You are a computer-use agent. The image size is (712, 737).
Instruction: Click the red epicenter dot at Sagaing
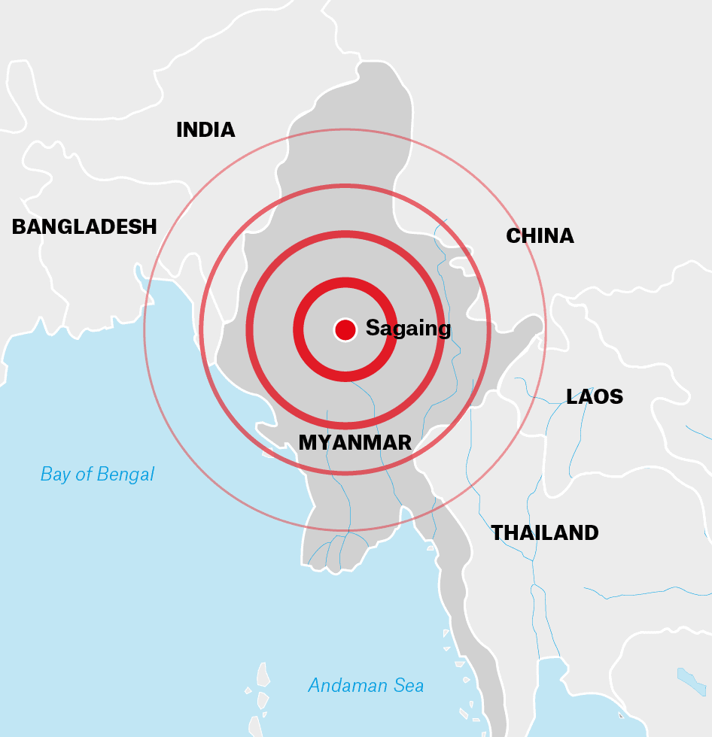345,329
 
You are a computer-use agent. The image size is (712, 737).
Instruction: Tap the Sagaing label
408,329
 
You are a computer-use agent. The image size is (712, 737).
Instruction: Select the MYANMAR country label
355,443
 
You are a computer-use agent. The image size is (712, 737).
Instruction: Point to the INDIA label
205,130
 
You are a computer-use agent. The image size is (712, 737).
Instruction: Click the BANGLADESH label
84,226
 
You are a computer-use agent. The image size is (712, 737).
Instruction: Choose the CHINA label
540,236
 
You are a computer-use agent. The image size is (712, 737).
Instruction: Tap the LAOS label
595,397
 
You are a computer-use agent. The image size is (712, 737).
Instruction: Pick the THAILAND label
545,533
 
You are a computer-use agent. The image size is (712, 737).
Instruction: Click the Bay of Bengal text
97,475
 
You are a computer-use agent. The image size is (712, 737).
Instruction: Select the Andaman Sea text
366,686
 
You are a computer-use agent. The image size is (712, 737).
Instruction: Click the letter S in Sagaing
372,329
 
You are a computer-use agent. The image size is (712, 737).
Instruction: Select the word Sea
409,686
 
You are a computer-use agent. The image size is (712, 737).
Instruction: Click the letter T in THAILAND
497,533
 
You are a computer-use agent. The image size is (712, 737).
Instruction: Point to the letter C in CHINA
513,236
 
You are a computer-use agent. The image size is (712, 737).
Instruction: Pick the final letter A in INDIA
228,130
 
